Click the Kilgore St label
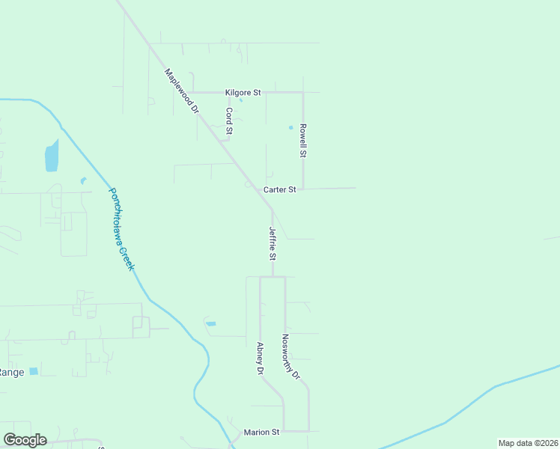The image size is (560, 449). coord(243,93)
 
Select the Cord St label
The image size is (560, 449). coord(230,120)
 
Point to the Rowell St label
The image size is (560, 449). coord(303,140)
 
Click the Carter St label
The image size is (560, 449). coord(279,190)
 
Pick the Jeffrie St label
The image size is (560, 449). coord(273,244)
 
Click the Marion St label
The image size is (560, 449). coord(261,433)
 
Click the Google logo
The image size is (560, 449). coord(25,440)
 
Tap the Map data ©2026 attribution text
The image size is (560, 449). coord(528,443)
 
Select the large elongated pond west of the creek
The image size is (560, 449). coord(52,156)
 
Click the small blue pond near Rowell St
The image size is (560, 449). coord(290,127)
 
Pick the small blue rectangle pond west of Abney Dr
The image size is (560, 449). coord(211,323)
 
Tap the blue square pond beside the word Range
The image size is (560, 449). coord(34,371)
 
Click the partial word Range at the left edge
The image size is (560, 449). coord(11,372)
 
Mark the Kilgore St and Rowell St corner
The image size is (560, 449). coord(302,93)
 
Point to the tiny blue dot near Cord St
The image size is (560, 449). coord(240,100)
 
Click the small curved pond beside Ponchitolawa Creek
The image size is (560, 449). coord(83,180)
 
